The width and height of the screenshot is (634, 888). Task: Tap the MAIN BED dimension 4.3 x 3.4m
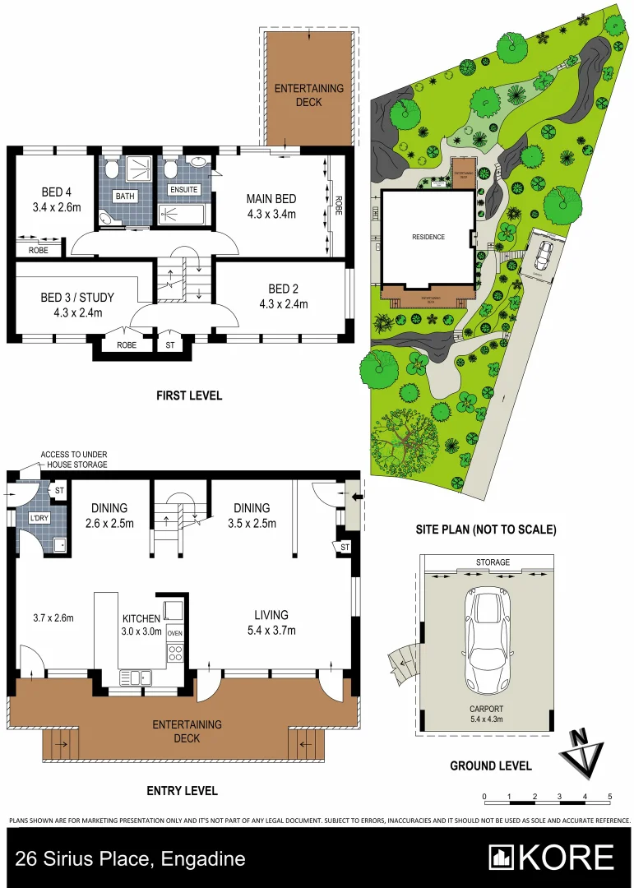coord(271,214)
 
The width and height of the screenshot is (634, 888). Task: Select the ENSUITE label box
coord(183,189)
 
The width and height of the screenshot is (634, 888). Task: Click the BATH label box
coord(125,197)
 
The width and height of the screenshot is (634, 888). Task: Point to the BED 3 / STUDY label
coord(77,297)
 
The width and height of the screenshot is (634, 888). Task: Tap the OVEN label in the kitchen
coord(174,634)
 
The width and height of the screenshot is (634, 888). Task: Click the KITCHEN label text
coord(142,618)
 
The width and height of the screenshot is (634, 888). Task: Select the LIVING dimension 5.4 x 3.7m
coord(271,631)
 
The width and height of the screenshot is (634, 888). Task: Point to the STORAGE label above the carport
coord(493,562)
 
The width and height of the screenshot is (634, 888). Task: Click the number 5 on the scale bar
coord(609,796)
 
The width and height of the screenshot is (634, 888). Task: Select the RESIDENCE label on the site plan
coord(428,237)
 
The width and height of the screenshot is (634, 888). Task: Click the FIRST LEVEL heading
coord(189,395)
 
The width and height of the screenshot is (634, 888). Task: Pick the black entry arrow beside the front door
coord(355,497)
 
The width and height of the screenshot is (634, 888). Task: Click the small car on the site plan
coord(542,256)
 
